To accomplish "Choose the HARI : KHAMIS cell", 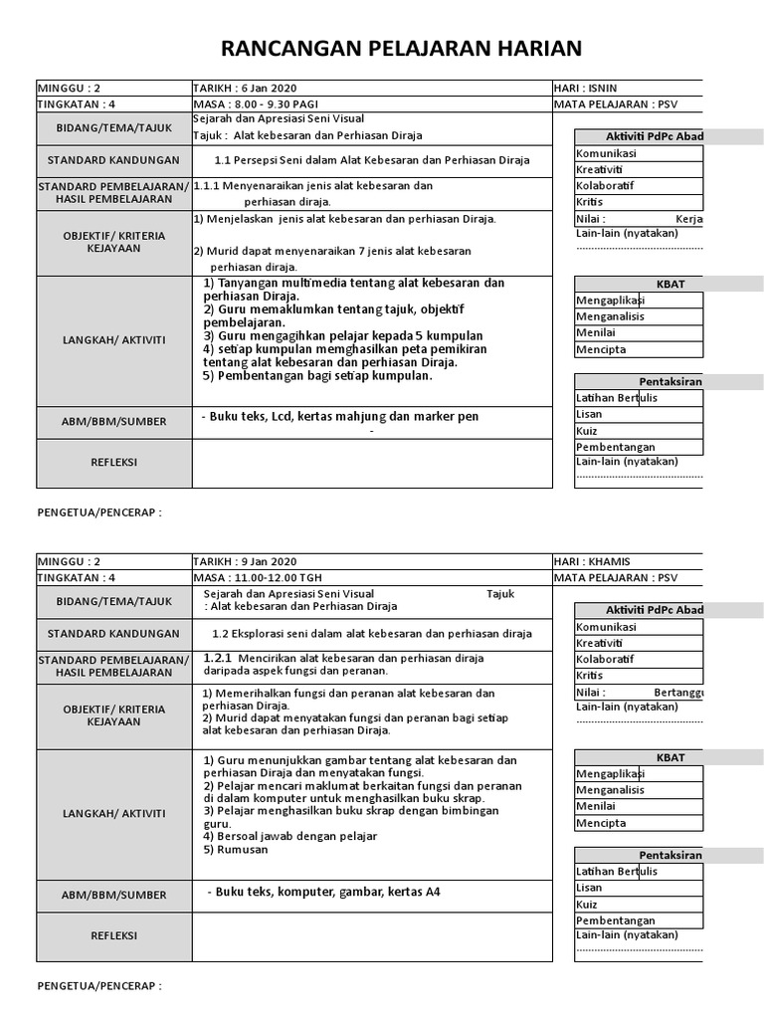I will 592,562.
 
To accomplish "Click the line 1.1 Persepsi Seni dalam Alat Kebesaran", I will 372,160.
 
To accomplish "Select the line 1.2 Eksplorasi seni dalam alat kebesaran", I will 372,634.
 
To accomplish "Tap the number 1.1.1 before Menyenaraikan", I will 206,185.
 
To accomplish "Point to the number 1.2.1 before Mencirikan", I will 217,658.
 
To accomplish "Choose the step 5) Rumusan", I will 236,850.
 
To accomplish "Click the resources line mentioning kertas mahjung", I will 339,416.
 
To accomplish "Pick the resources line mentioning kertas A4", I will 323,892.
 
